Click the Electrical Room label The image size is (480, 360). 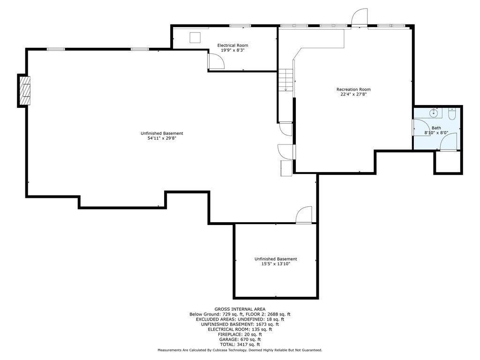coord(232,45)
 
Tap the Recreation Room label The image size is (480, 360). coord(353,90)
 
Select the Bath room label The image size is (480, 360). coord(436,128)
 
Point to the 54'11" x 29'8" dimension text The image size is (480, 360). coord(162,138)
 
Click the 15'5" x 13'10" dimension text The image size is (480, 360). coord(276,264)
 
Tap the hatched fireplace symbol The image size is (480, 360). coord(25,90)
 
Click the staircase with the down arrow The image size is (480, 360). coord(286,80)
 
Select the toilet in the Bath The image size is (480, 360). coord(452,114)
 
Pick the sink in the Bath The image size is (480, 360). coord(434,113)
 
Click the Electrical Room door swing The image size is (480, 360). coord(217,61)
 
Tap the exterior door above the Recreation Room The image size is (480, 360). coord(360,17)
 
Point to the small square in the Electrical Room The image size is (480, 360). coord(195,37)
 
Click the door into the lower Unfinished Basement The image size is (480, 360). coord(304,215)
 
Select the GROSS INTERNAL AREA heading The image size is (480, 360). coord(240,309)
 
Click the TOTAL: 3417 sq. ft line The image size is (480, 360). coord(240,345)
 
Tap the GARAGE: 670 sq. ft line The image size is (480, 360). coord(240,339)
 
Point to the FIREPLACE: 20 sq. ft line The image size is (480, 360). coord(240,335)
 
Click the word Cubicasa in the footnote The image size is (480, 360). coord(227,350)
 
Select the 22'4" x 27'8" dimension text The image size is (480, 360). coord(353,94)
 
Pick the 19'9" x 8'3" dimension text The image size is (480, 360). coord(232,50)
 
